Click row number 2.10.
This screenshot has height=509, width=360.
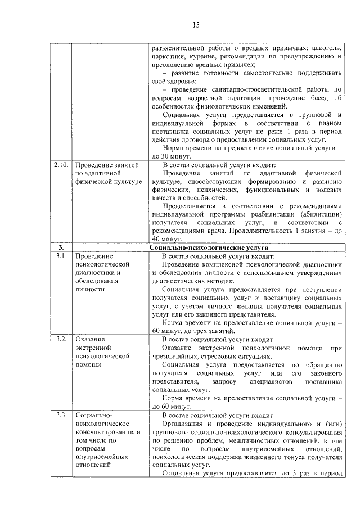(60, 165)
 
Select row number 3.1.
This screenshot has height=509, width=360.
(61, 256)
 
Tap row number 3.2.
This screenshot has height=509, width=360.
(61, 339)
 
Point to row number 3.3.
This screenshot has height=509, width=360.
(61, 415)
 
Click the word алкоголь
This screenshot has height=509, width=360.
(323, 49)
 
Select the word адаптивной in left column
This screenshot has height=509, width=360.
(105, 174)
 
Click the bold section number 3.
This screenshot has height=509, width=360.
(61, 247)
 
